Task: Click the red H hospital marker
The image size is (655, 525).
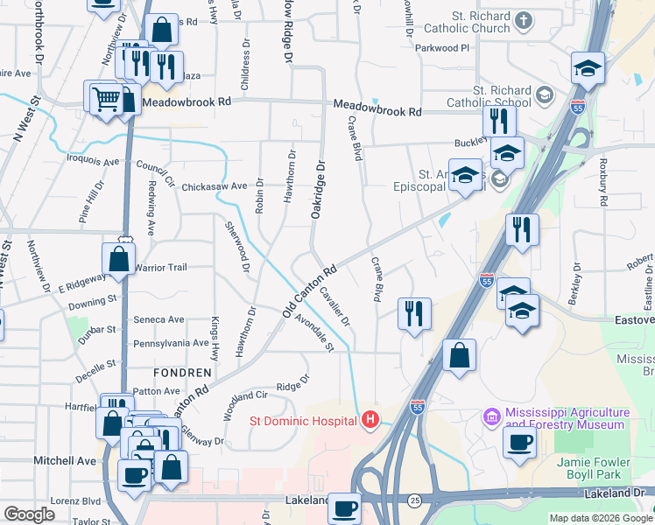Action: [370, 421]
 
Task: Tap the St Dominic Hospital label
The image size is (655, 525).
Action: [304, 421]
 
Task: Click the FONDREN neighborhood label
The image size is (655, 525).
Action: [185, 373]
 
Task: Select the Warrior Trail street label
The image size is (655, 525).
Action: [160, 268]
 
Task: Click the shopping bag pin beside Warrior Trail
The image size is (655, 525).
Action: [118, 260]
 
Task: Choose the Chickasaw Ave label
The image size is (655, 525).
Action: [215, 186]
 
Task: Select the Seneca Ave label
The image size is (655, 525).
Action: [158, 320]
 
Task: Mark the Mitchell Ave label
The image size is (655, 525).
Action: [65, 461]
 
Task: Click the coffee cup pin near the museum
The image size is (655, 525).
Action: [520, 444]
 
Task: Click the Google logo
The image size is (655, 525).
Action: [30, 514]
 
